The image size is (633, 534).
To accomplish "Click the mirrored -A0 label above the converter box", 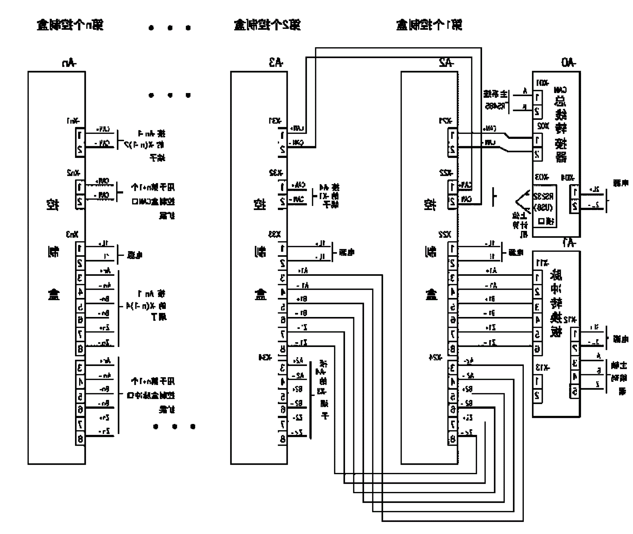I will pos(568,62).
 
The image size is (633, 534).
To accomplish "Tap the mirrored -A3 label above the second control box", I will pos(276,62).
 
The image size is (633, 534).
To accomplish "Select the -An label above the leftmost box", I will pos(69,63).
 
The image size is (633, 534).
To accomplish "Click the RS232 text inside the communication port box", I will pos(544,196).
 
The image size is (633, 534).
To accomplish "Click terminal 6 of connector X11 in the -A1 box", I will pos(537,349).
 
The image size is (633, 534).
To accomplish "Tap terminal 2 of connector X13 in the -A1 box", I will pos(537,395).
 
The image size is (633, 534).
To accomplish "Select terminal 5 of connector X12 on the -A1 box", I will pos(574,392).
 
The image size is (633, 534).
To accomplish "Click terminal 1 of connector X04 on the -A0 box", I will pos(575,191).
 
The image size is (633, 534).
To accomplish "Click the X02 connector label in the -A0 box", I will pos(543,127).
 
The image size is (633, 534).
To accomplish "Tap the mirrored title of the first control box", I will pos(429,25).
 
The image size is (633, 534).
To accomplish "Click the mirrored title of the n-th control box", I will pos(70,25).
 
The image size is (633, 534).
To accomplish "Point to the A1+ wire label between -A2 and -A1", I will pos(491,270).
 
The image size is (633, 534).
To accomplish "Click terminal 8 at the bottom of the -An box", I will pos(80,439).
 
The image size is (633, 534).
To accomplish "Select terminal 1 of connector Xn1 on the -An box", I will pos(80,135).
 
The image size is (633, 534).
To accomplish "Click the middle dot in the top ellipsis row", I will pos(170,28).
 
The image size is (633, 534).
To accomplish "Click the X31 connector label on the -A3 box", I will pos(275,121).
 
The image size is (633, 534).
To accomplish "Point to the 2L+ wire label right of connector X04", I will pos(594,190).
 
